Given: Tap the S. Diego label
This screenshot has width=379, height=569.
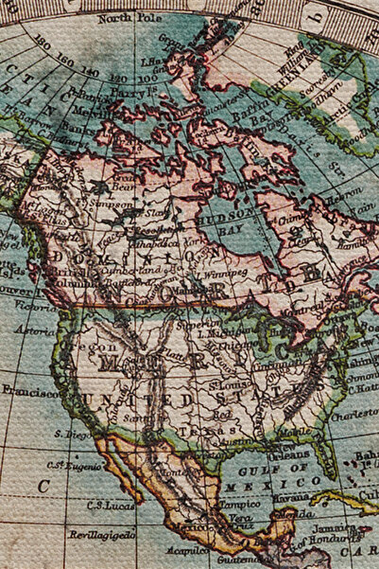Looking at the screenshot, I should tap(70, 434).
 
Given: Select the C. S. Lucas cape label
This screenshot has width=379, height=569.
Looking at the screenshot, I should tap(108, 505).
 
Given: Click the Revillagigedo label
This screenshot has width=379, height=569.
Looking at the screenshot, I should tap(101, 535).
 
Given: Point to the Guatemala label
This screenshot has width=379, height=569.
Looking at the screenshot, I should tap(232, 560).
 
